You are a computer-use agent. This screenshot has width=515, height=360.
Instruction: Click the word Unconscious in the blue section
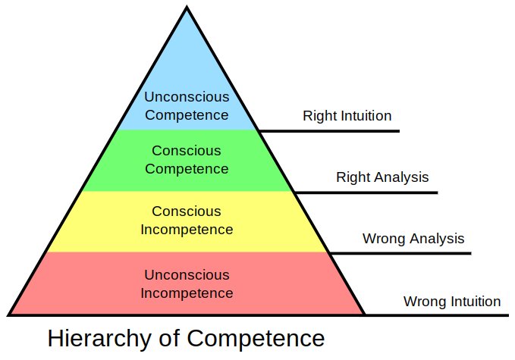coord(187,97)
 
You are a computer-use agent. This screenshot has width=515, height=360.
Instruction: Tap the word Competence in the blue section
coord(187,115)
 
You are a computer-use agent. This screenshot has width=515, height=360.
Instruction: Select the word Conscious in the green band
coord(187,150)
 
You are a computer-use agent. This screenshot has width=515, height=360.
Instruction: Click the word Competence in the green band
coord(187,168)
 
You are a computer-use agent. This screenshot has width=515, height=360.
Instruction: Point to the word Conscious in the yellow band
coord(187,211)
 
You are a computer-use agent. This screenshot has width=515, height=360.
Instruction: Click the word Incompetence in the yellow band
coord(187,229)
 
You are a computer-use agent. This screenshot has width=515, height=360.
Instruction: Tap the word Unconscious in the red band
coord(187,274)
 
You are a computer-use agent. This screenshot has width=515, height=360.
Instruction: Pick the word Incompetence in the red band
coord(187,293)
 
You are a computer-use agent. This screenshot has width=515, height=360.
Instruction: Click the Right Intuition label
coord(347,116)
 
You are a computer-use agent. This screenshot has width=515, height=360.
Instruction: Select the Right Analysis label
coord(382,177)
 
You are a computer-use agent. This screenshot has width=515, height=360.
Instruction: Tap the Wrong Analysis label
coord(413,239)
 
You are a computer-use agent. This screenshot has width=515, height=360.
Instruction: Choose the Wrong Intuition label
coord(452,301)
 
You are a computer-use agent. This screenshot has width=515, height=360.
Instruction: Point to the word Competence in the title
coord(256,338)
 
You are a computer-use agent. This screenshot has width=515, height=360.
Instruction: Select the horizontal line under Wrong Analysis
coord(402,253)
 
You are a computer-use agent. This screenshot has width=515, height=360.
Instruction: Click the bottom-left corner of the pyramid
coord(9,313)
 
